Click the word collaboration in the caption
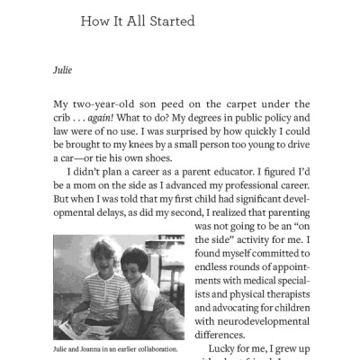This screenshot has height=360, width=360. (153, 348)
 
